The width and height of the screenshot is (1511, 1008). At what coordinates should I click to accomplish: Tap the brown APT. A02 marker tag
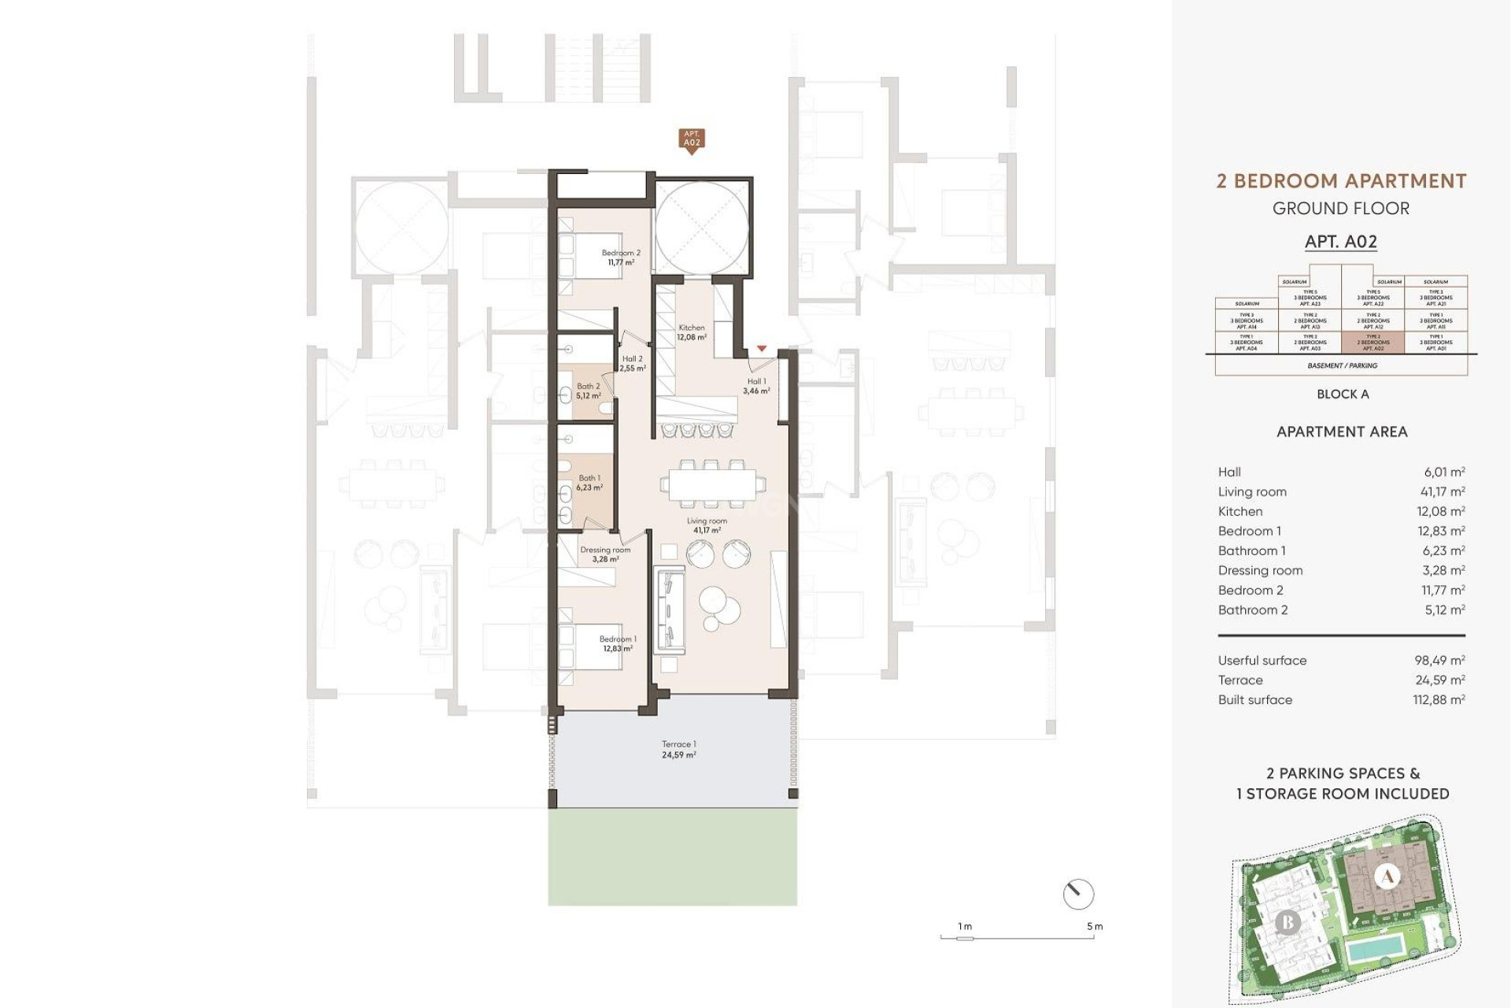tap(691, 139)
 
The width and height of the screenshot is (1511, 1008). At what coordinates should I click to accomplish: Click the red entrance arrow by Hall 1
tap(761, 348)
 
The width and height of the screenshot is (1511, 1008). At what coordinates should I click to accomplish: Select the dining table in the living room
tap(712, 485)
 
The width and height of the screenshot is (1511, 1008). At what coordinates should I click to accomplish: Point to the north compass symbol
tap(1078, 895)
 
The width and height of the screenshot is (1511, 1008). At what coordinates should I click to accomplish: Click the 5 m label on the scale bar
tap(1095, 926)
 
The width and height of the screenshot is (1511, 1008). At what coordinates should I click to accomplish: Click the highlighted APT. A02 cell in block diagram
tap(1372, 343)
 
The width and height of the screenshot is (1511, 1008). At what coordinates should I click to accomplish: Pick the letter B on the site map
tap(1287, 922)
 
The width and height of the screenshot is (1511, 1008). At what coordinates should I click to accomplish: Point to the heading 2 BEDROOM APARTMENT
tap(1341, 181)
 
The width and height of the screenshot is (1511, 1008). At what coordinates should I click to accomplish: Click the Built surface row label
tap(1254, 700)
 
